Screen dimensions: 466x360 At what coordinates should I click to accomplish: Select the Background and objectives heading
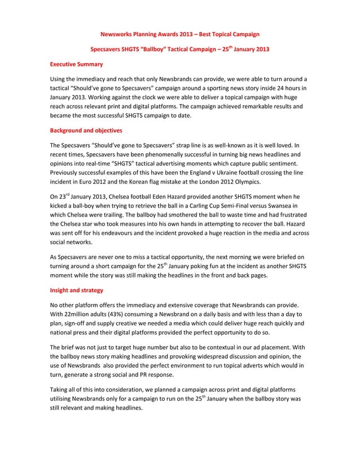pyautogui.click(x=86, y=130)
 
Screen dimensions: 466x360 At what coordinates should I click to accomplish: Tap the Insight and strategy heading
pyautogui.click(x=77, y=290)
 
